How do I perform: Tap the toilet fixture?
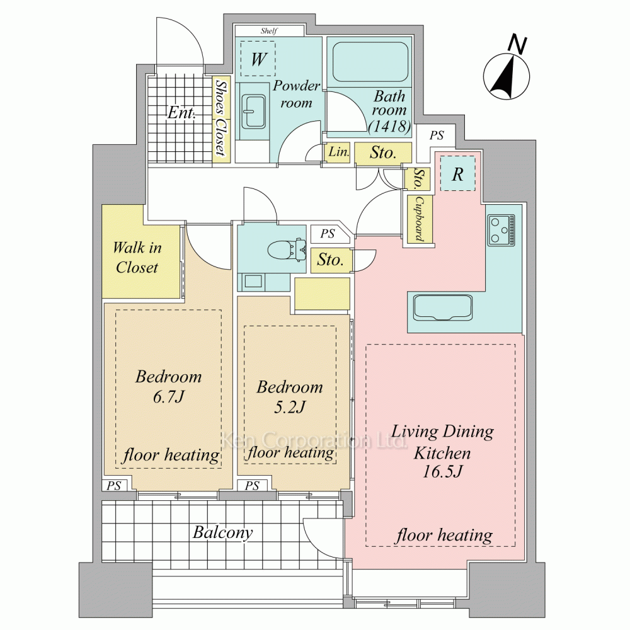point(287,250)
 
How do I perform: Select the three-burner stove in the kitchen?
point(501,229)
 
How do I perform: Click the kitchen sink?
point(442,308)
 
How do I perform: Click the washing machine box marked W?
point(258,59)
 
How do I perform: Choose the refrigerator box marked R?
point(457,174)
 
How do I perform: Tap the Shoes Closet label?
point(220,118)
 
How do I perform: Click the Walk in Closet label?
point(137,258)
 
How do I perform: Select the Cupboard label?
point(420,219)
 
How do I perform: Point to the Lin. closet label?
point(338,152)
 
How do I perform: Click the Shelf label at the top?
point(269,30)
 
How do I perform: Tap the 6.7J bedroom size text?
point(168,397)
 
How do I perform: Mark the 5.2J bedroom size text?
point(290,407)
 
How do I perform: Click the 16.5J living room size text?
point(442,471)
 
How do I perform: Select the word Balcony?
point(222,532)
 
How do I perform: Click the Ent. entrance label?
point(181,113)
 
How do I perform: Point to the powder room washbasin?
point(253,112)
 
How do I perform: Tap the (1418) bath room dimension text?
point(390,126)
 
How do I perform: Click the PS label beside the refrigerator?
point(437,135)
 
